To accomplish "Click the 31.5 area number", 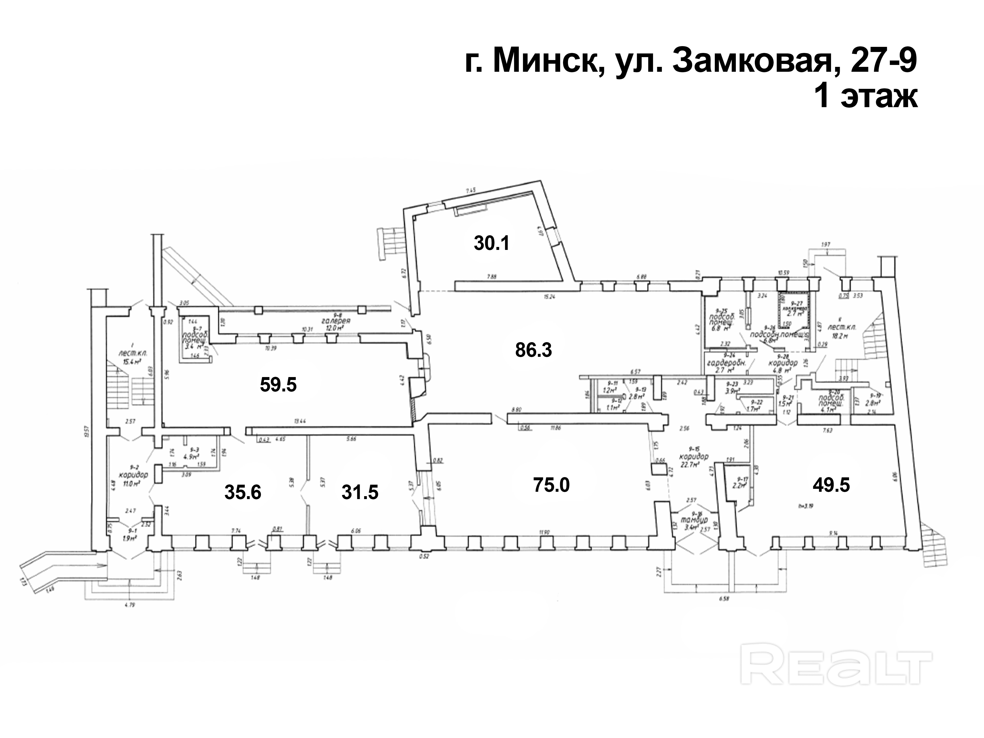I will [360, 492].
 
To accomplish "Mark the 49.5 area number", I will [831, 485].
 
